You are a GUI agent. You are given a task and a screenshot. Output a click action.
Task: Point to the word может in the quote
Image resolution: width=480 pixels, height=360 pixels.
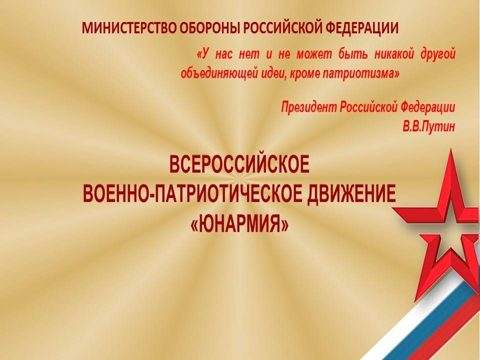(x=314, y=54)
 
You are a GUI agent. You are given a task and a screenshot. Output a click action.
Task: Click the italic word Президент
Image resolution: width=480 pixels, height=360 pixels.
(x=308, y=107)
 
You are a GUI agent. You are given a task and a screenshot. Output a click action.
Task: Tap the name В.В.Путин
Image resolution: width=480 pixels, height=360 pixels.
(x=428, y=126)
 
